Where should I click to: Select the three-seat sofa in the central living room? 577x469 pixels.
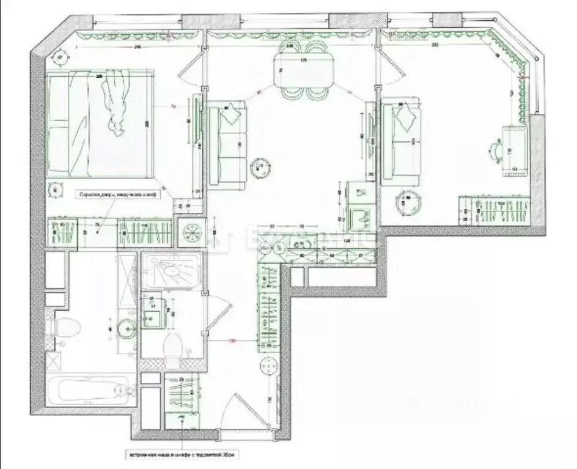pos(227,146)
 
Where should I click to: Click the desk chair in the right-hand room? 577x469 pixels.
pos(496,149)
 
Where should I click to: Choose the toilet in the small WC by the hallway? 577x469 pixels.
pos(173,347)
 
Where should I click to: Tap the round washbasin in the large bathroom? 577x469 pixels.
pos(127,329)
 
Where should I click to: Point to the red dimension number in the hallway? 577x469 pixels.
pos(232,341)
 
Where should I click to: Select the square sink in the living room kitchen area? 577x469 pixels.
pos(361,216)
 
